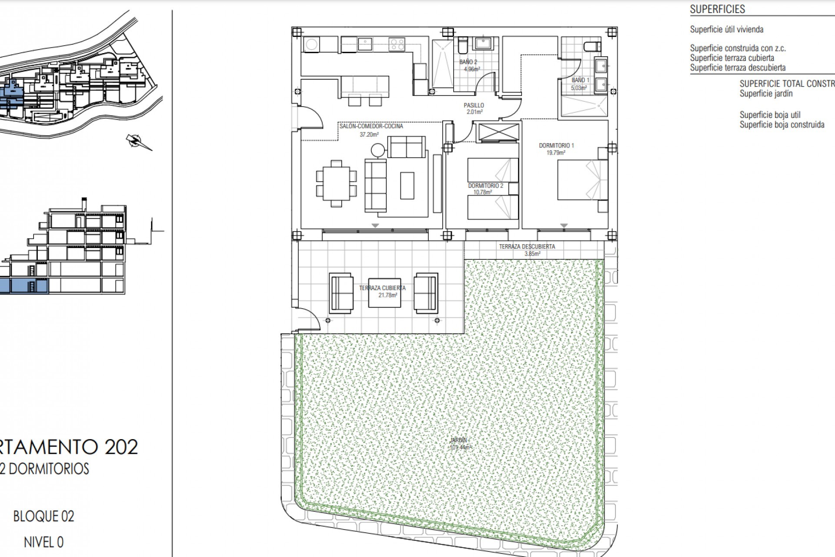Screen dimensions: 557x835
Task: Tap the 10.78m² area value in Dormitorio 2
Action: click(483, 192)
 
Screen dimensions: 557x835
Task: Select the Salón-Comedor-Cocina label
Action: click(371, 126)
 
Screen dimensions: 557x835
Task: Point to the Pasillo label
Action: click(474, 105)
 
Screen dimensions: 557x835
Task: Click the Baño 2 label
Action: click(468, 62)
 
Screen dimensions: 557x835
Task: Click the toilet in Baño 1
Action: click(593, 46)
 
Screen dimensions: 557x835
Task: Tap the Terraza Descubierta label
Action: click(527, 246)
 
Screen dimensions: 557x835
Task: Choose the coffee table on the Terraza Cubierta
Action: click(384, 292)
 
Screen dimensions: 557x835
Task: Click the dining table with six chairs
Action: click(336, 183)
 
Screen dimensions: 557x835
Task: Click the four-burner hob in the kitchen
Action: click(397, 44)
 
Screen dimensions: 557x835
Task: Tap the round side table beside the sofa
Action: click(378, 151)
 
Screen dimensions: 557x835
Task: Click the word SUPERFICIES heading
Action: click(717, 9)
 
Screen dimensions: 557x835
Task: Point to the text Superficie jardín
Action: click(766, 94)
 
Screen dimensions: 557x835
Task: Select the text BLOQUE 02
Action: click(43, 517)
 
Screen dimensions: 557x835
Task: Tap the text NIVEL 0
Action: click(43, 542)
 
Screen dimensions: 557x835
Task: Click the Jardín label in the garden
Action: click(459, 440)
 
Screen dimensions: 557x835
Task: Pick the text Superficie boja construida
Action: click(782, 125)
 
